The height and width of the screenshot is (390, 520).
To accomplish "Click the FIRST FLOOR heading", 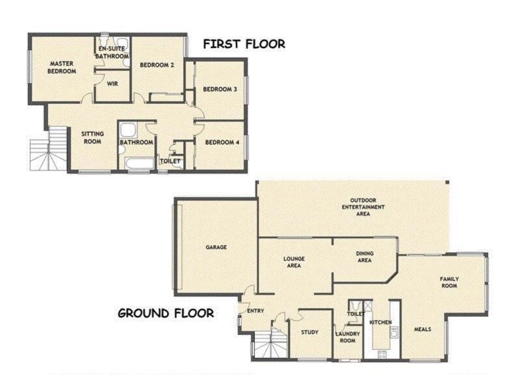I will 244,44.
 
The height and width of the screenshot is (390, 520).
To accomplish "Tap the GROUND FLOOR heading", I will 166,313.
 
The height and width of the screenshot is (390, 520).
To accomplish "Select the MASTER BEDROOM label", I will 62,68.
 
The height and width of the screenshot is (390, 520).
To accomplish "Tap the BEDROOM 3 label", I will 219,89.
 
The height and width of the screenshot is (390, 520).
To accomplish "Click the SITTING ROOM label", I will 92,137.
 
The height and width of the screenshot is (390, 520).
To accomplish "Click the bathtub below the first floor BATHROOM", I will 138,163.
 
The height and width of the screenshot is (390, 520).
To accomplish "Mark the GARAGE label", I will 216,247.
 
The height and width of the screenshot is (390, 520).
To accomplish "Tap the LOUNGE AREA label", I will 294,262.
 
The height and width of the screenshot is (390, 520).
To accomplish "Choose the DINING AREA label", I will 364,257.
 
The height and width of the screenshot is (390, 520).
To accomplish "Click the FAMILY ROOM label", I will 449,281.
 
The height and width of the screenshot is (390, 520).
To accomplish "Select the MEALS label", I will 422,329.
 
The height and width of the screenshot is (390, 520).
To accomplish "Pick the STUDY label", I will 309,333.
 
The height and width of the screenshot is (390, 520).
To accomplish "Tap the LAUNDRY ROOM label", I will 348,337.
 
